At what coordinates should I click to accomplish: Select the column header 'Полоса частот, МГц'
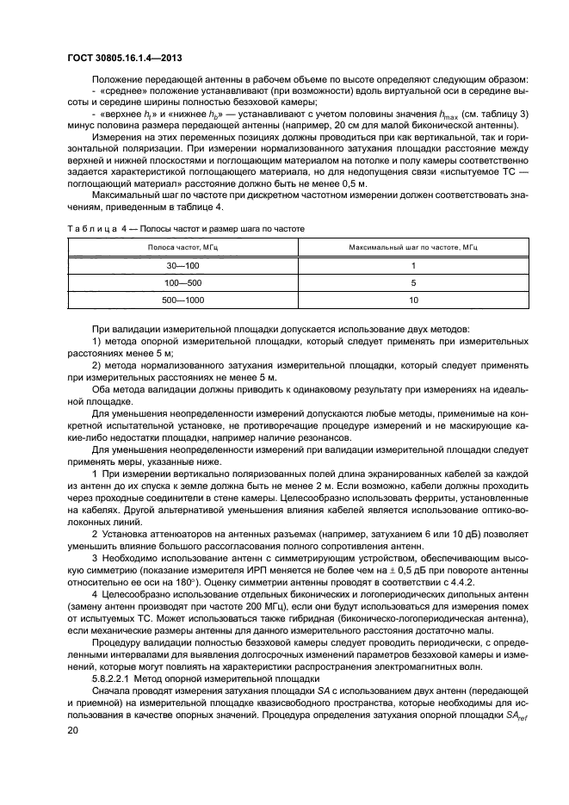coord(182,247)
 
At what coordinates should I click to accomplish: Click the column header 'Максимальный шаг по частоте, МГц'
coord(413,247)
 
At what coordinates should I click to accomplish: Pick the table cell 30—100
coord(182,266)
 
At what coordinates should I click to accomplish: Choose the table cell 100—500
coord(182,283)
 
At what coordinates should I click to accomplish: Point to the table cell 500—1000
coord(182,300)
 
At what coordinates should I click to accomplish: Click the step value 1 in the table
coord(413,266)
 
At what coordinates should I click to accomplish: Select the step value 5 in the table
coord(413,283)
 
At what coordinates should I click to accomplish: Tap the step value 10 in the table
coord(413,300)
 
